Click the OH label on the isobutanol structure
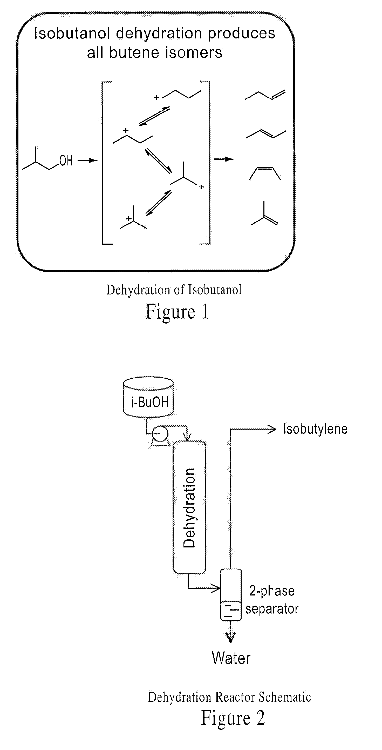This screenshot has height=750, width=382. pos(66,160)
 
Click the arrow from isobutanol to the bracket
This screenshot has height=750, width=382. pos(87,160)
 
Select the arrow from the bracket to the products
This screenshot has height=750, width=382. pos(224,159)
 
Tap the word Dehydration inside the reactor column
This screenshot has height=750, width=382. pos(189,508)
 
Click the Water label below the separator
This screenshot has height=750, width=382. pos(231,658)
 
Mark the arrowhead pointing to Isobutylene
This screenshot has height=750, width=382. pos(272,429)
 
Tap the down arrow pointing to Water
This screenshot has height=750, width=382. pos(231,632)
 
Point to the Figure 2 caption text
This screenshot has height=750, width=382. pos(233,718)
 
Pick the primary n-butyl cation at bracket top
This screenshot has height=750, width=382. pos(177,95)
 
